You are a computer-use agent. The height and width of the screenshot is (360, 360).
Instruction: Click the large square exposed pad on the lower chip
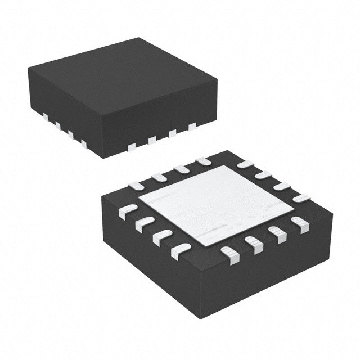(217, 205)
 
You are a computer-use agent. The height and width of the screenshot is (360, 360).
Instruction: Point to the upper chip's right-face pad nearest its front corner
(132, 147)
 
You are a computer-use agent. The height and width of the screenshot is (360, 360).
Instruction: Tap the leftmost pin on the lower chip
(128, 210)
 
